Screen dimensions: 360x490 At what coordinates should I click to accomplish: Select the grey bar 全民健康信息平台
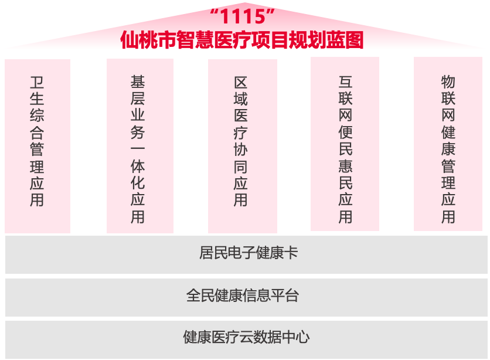click(245, 296)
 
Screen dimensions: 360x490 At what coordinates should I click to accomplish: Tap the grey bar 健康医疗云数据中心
click(245, 338)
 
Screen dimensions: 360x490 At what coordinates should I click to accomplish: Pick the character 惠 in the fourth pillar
click(345, 165)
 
